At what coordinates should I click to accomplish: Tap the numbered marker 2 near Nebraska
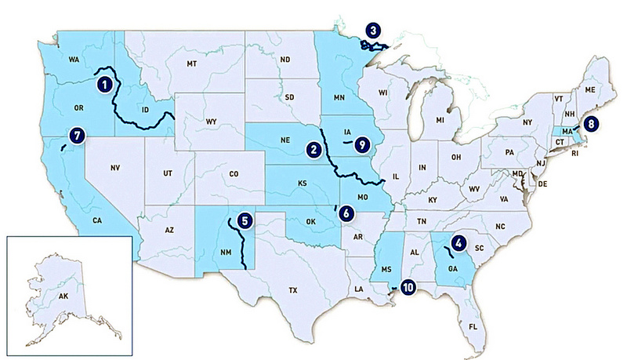pyautogui.click(x=314, y=147)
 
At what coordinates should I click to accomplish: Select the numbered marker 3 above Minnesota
pyautogui.click(x=375, y=31)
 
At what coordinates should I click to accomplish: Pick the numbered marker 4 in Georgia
pyautogui.click(x=459, y=244)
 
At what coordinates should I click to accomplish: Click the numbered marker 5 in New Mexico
pyautogui.click(x=245, y=220)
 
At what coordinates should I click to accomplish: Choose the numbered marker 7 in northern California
pyautogui.click(x=76, y=134)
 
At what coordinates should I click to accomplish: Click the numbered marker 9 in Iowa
pyautogui.click(x=361, y=144)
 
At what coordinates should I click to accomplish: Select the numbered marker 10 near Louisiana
pyautogui.click(x=408, y=287)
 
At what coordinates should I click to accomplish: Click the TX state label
pyautogui.click(x=293, y=290)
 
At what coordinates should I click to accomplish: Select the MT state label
pyautogui.click(x=191, y=63)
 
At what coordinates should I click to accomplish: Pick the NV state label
pyautogui.click(x=115, y=168)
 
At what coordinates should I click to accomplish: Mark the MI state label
pyautogui.click(x=440, y=119)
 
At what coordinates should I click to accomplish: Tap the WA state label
pyautogui.click(x=76, y=59)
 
